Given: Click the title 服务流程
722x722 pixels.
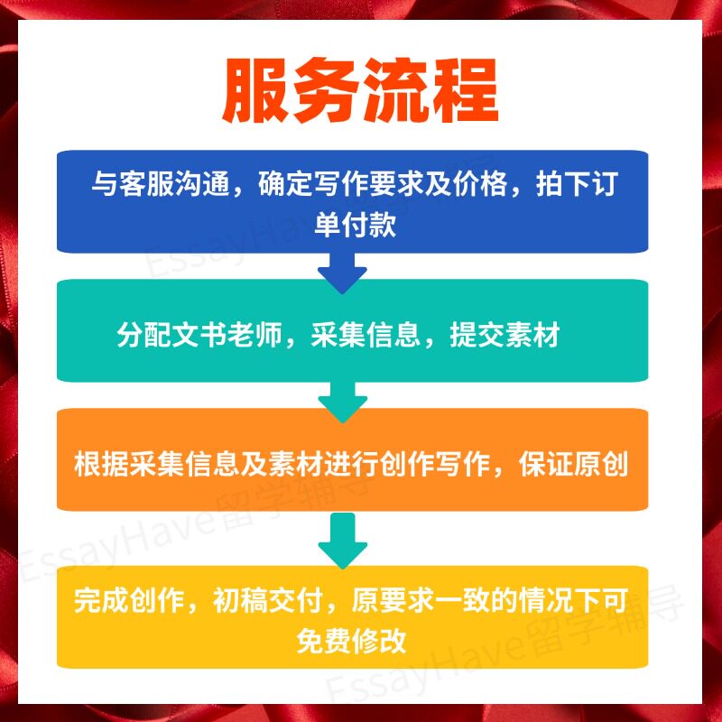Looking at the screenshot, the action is point(360,93).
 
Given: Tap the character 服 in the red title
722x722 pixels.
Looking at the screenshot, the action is point(255,93).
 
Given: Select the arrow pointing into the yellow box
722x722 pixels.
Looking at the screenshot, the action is point(342,539).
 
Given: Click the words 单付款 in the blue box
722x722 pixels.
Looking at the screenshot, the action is point(355,225).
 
